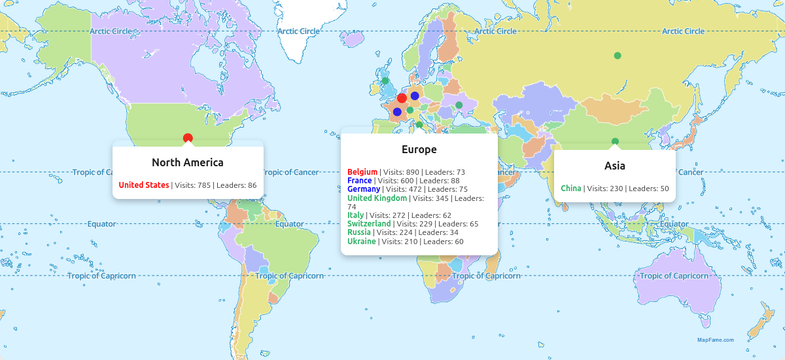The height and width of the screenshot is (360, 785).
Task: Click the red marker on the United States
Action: point(188,137)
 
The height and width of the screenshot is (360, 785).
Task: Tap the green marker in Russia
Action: point(617,56)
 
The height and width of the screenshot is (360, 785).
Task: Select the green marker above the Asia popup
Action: point(615,141)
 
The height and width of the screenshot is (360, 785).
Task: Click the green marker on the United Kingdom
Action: point(385,81)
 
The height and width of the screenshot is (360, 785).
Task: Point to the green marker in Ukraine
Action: point(459,105)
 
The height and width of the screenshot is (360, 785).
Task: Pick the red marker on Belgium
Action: point(402,98)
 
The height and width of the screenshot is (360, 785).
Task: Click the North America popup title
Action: point(188,162)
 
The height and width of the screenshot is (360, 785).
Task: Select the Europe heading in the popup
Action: point(419,149)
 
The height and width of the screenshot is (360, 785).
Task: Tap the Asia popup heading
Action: point(615,166)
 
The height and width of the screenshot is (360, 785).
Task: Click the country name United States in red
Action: point(144,185)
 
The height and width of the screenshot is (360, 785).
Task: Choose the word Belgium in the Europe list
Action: point(362,172)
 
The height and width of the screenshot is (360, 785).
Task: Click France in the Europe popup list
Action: point(360,181)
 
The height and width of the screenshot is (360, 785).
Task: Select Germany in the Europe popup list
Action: point(364,189)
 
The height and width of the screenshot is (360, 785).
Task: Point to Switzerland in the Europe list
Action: point(369,224)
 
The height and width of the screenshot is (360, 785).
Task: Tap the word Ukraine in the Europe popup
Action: point(362,241)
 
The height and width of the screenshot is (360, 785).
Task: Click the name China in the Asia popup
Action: point(571,189)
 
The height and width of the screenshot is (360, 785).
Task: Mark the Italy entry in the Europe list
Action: point(356,215)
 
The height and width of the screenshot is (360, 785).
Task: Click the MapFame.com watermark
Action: point(715,340)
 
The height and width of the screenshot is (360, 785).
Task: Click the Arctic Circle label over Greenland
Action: point(298,31)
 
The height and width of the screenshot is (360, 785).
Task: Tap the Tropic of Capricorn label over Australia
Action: point(674,276)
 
